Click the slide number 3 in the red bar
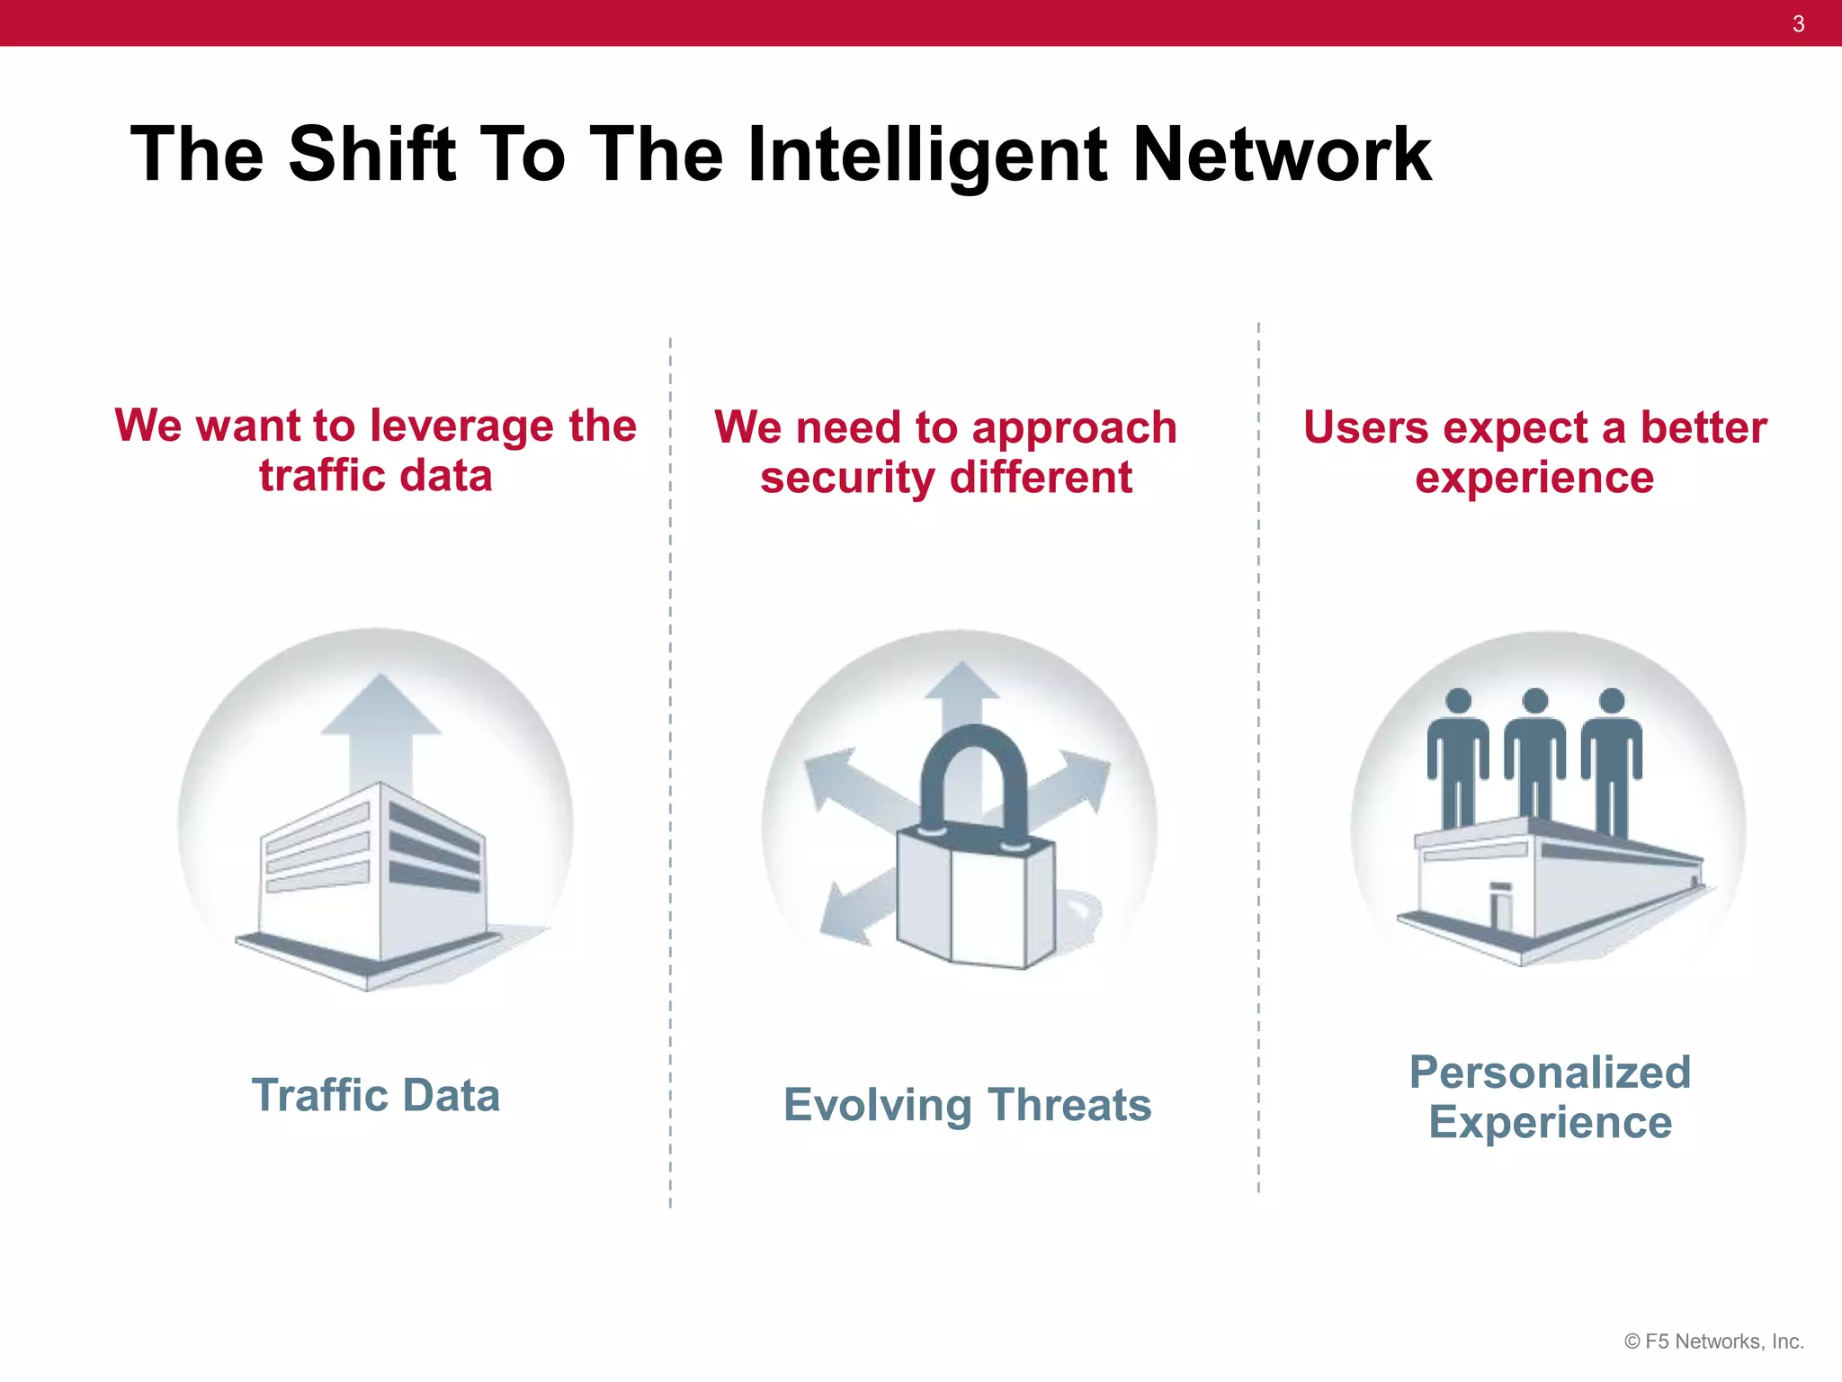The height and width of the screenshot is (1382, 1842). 1798,24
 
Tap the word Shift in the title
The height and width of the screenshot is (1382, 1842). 372,155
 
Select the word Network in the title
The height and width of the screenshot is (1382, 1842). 1281,155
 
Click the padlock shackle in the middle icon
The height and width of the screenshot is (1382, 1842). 973,765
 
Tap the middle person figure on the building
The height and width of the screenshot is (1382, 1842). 1535,756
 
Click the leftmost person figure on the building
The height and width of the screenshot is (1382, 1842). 1458,756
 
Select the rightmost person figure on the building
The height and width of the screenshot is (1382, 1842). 1612,756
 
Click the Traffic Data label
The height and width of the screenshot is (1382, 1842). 376,1096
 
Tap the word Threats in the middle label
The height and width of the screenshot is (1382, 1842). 1069,1105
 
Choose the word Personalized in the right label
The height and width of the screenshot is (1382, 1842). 1550,1072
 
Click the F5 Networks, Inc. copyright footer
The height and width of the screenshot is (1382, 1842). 1713,1342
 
